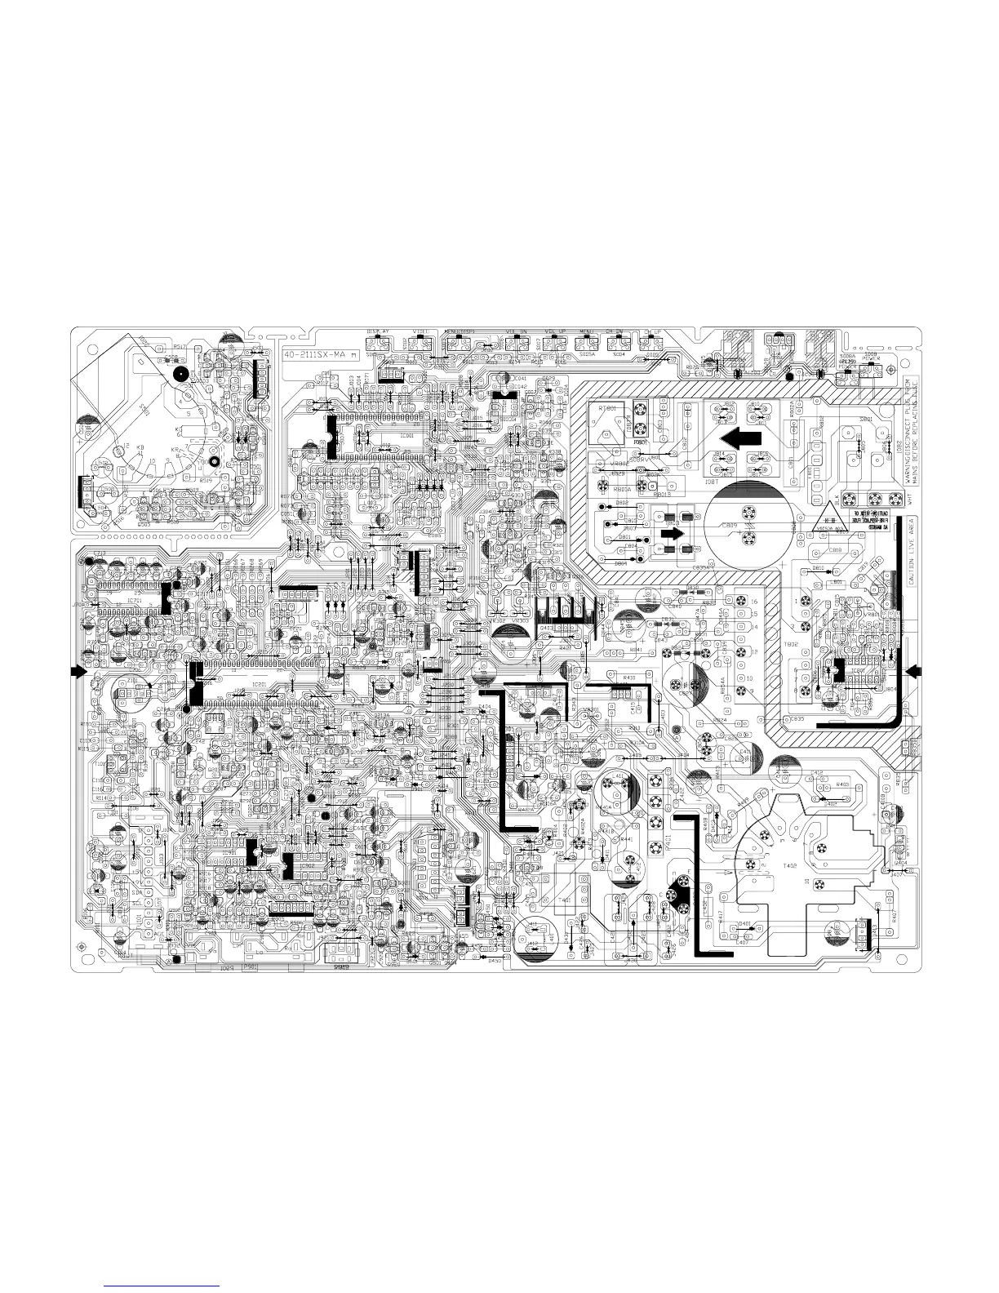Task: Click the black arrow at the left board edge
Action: (77, 670)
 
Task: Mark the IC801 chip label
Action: (856, 669)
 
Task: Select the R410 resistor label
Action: (629, 678)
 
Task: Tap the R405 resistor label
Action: (843, 784)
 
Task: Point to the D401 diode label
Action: (744, 923)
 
